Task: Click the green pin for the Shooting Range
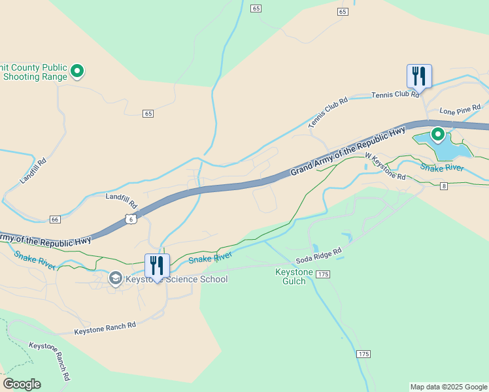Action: pos(77,71)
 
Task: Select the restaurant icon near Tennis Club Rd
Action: pos(418,76)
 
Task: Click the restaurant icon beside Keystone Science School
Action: pos(157,265)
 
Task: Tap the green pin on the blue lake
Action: pos(437,135)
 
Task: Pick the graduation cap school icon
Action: pos(116,279)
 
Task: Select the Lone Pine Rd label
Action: pos(460,108)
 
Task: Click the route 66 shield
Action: pos(55,219)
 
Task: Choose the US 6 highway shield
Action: pos(131,219)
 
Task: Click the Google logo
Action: pos(22,384)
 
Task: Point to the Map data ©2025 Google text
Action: pos(448,387)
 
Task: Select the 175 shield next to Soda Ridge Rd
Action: pos(323,275)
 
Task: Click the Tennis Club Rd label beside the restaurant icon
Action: pos(395,95)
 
